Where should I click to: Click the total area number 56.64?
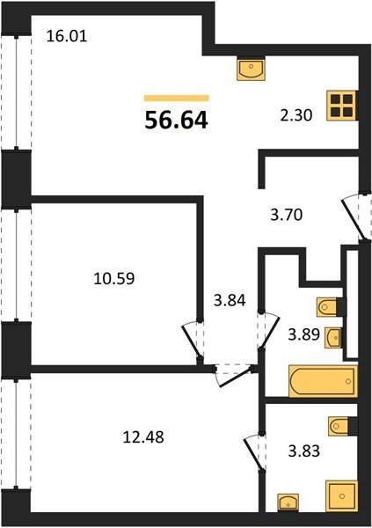tap(176, 121)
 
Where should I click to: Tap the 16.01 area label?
tap(67, 36)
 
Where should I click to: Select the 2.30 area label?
tap(296, 115)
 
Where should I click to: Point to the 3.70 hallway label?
tap(287, 215)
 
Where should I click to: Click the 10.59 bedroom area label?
tap(113, 278)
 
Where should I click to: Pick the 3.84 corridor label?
tap(230, 300)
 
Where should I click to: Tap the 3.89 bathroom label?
tap(303, 334)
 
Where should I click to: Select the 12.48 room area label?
tap(143, 437)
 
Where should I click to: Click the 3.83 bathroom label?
tap(303, 451)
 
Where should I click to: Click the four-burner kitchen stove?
tap(341, 106)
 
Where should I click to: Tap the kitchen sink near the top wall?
tap(252, 69)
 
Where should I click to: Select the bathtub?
tap(323, 381)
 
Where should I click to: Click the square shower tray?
tap(341, 496)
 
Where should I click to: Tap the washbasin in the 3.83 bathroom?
tap(288, 502)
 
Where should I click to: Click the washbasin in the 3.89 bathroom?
tap(333, 337)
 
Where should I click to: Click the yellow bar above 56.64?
tap(177, 98)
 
